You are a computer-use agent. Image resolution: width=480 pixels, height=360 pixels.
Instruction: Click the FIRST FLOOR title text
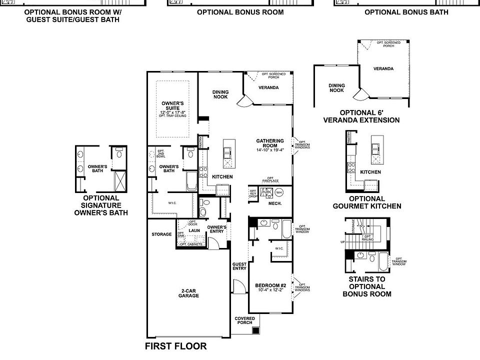click(175, 346)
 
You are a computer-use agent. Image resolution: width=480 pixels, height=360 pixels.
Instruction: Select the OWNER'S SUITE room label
click(172, 105)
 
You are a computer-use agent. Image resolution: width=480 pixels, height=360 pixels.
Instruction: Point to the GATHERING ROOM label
click(270, 143)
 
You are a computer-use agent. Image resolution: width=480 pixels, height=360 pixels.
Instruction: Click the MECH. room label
click(275, 203)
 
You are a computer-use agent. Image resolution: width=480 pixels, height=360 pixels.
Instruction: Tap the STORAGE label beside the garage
click(161, 234)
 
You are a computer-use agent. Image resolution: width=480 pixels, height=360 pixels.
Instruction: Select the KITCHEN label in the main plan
click(222, 177)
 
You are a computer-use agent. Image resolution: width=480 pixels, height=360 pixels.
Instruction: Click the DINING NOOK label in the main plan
click(220, 94)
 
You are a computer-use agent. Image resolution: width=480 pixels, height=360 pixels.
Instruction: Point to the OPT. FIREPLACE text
click(269, 179)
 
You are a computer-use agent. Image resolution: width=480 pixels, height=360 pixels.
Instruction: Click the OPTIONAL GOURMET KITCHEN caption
click(367, 202)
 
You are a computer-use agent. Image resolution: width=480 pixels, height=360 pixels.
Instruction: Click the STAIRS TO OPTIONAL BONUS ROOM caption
click(367, 286)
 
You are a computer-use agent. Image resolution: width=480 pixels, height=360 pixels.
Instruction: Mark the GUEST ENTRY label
click(239, 266)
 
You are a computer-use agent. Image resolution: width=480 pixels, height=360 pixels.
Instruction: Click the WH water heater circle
click(279, 192)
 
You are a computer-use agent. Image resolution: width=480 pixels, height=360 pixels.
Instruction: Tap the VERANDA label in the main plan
click(268, 87)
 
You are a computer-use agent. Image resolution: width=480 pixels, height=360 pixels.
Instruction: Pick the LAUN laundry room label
click(194, 230)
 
